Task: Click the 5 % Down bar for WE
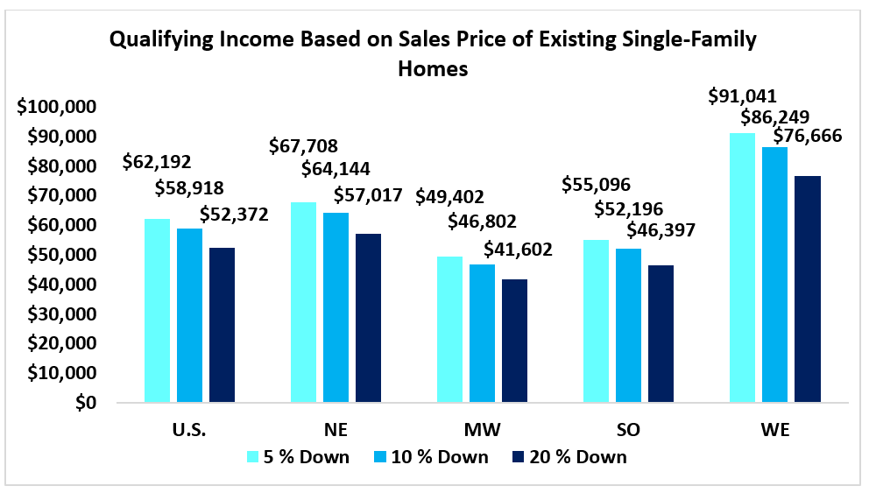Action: click(742, 267)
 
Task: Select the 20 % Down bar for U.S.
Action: click(222, 325)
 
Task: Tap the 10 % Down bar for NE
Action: click(336, 307)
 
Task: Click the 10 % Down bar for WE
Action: click(774, 274)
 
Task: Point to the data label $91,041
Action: click(743, 96)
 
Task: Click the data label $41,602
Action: click(518, 250)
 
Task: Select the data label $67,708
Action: click(304, 145)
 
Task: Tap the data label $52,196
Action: click(628, 208)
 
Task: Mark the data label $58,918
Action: click(189, 187)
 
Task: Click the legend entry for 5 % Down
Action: click(299, 456)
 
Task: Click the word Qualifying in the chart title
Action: click(162, 40)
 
